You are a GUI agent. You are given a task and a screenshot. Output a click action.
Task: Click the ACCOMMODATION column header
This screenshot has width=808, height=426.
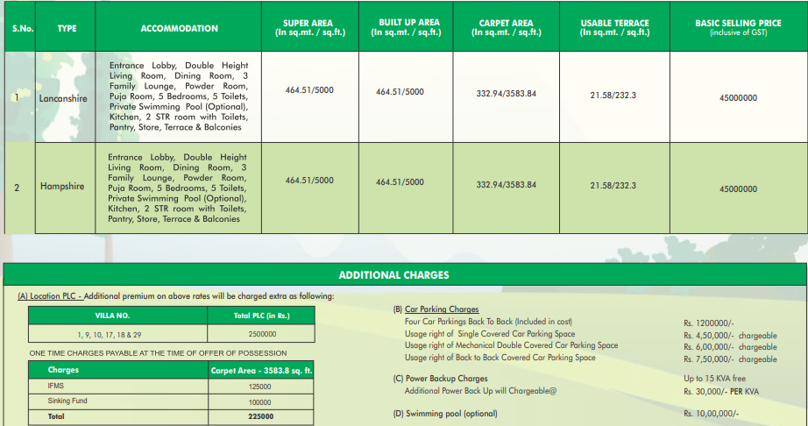pos(179,29)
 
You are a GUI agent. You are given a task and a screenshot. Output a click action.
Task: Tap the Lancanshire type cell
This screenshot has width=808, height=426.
pos(63,99)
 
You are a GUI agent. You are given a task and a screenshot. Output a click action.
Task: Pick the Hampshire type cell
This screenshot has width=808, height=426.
pos(61,186)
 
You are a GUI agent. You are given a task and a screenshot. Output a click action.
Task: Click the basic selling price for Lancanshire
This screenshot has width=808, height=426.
pos(737,98)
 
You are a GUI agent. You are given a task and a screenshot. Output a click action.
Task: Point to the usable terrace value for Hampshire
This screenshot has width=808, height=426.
pos(613,186)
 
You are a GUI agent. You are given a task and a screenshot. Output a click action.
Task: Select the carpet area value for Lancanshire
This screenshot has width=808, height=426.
pos(506,93)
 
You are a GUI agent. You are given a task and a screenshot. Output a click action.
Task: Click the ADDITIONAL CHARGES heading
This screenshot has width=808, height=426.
pos(393,275)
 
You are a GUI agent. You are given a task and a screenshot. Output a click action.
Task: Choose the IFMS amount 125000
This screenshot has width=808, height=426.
pos(259,386)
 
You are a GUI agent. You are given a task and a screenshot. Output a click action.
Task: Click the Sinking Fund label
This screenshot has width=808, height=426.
pos(67,401)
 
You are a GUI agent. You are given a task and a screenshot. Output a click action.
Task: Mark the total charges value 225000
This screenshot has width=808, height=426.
pos(259,416)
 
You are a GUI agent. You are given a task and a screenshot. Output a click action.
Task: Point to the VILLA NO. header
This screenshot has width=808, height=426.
pos(111,315)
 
